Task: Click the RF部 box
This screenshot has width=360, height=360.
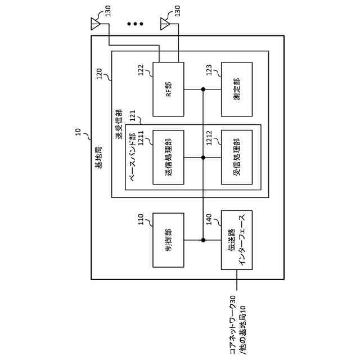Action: click(168, 89)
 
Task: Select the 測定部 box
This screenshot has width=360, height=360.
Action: click(236, 89)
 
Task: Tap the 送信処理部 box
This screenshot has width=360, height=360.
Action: click(168, 157)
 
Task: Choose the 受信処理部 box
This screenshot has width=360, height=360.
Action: click(236, 157)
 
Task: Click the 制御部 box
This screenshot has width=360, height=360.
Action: click(168, 240)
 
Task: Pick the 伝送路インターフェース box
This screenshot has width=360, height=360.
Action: click(236, 240)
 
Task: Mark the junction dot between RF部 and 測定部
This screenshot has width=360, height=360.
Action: click(203, 89)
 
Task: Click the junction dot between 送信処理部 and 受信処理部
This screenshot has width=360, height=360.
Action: click(203, 157)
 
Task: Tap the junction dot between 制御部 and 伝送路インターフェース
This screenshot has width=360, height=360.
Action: click(203, 240)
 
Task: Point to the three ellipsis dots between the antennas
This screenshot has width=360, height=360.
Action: click(135, 24)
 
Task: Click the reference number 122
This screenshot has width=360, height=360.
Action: click(141, 70)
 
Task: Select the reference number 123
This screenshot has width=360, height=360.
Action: click(209, 70)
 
